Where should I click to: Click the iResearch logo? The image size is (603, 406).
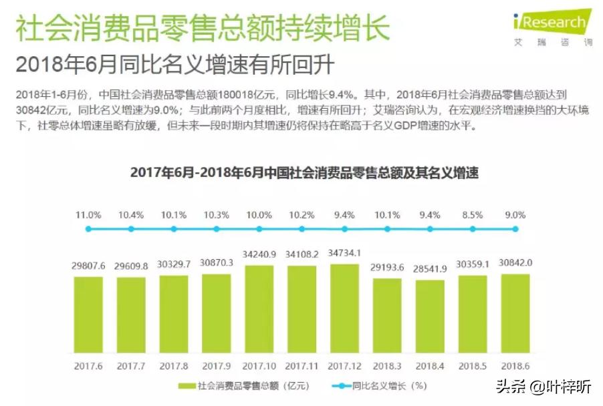552,26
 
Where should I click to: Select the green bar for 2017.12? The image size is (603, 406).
344,309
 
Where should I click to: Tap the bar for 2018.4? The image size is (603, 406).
430,317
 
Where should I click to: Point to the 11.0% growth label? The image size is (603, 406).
88,215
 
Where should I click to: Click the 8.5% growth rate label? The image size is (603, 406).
473,215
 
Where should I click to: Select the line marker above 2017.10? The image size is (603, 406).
259,229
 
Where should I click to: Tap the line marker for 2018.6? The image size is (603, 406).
515,229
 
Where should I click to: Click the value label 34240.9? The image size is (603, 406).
259,254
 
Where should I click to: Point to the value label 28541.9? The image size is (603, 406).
430,268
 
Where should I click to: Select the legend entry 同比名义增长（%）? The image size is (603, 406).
378,386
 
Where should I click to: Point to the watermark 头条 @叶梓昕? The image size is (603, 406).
541,386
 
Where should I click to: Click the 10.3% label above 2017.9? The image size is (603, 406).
217,215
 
